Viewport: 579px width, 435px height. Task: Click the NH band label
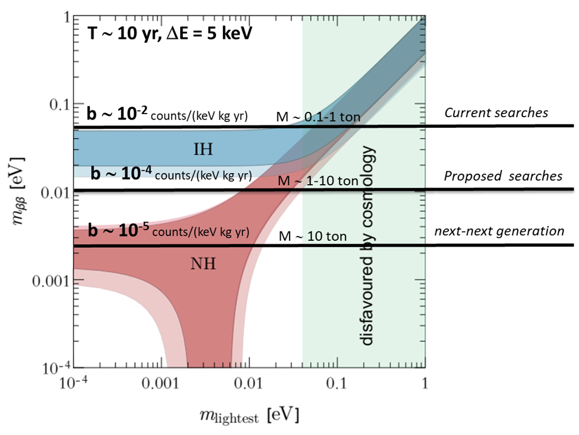pos(202,264)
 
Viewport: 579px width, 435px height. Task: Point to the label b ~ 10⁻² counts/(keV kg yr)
pos(167,115)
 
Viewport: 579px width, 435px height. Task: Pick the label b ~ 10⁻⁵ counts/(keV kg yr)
pos(168,231)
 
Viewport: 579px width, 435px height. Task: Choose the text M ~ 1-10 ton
pos(318,182)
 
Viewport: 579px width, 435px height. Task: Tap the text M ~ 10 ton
pos(312,237)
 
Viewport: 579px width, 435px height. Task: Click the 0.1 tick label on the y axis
pos(56,105)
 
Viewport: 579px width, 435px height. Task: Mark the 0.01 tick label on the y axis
pos(52,193)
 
